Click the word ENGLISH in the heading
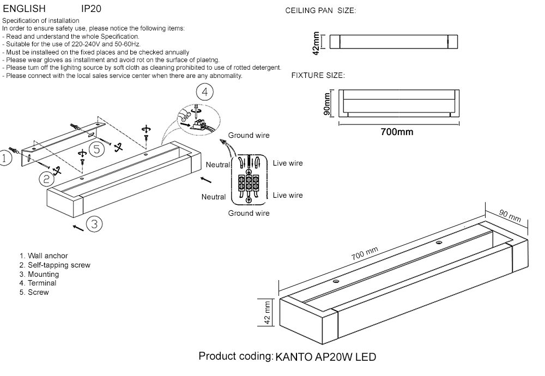point(24,9)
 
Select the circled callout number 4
point(204,92)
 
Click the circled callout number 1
point(4,158)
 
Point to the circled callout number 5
point(96,148)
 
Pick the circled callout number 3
point(94,223)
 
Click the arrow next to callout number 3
point(78,227)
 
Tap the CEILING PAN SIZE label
point(320,11)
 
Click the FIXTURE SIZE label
point(318,75)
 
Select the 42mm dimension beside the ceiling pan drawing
point(317,42)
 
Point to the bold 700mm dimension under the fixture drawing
point(396,132)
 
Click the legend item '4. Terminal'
point(38,283)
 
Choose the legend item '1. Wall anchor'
point(44,256)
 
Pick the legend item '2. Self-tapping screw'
point(55,265)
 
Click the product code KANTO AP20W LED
point(325,357)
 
